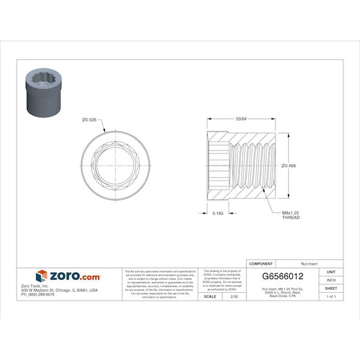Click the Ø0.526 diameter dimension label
tap(91, 120)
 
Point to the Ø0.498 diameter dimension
tap(289, 165)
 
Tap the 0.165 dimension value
tap(217, 214)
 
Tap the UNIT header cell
tap(331, 272)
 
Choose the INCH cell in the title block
tap(331, 280)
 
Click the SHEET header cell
tap(331, 288)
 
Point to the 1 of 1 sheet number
tap(331, 296)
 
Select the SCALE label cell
tap(209, 296)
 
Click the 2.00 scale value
tap(234, 296)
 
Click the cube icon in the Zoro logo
tap(41, 276)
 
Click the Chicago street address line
tap(59, 290)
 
